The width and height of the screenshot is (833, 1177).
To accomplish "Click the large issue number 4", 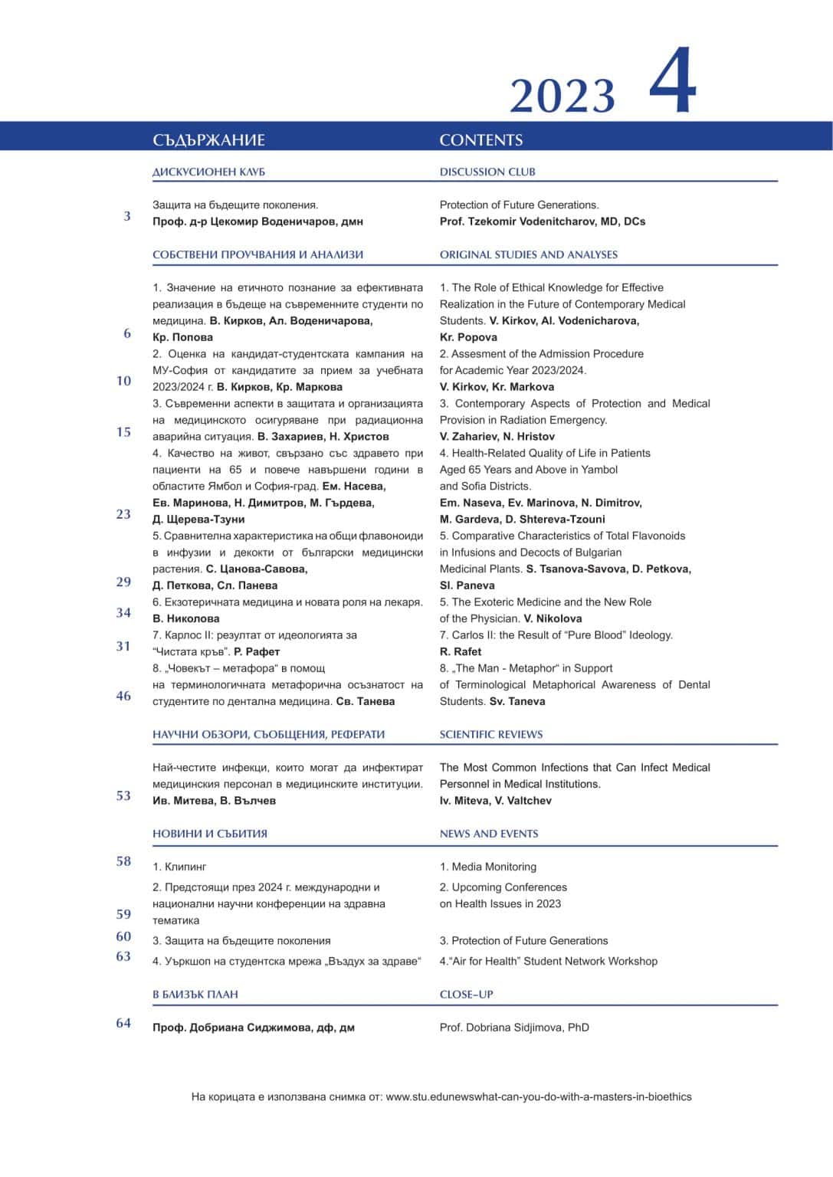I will [673, 82].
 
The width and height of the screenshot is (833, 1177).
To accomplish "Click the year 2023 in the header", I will [562, 97].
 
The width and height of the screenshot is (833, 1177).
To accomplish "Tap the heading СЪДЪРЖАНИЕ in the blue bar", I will [208, 140].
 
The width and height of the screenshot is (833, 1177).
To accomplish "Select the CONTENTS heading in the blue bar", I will [481, 140].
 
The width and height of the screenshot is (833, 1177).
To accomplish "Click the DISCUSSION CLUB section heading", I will [487, 172].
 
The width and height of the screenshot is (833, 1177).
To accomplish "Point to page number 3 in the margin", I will [127, 217].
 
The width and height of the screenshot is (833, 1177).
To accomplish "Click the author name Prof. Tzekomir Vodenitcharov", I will [543, 221].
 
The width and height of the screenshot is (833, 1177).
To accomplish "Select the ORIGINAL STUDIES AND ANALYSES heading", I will [528, 254].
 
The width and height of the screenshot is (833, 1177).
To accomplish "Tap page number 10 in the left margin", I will [123, 381].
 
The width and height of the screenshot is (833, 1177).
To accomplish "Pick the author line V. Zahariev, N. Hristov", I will [497, 437].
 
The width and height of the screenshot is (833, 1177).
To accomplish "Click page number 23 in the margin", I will [123, 514].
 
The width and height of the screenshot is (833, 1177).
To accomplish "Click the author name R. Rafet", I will [461, 651].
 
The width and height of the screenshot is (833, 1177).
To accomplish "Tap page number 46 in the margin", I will [123, 696].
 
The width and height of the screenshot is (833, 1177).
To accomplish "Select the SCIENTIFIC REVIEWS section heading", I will [490, 734].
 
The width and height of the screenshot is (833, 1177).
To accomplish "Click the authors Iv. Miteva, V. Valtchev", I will [495, 801].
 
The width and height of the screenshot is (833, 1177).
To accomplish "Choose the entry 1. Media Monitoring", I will [487, 867].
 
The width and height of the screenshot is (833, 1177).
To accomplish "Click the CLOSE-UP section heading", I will [466, 995].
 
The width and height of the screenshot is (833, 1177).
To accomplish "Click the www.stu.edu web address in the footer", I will [538, 1097].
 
